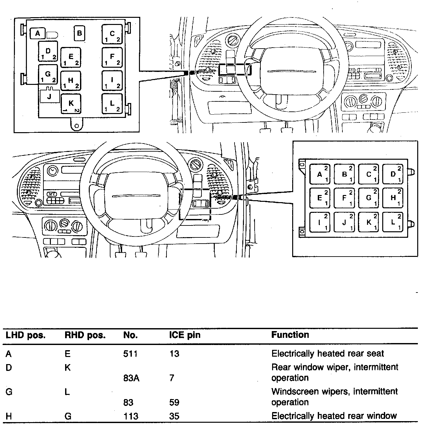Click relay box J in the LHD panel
tap(50, 96)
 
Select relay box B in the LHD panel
tap(79, 33)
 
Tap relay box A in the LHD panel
tap(38, 33)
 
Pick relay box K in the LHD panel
tap(71, 104)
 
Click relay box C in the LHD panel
tap(112, 34)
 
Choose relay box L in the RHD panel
tap(393, 222)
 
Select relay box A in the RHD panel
tap(320, 174)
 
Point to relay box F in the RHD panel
tap(344, 198)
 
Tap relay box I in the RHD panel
tap(320, 222)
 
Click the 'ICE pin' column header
tap(185, 335)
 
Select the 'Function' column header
tap(290, 335)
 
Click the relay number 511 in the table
tap(131, 354)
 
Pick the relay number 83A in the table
tap(131, 378)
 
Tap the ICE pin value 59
tap(174, 402)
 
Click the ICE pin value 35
tap(174, 416)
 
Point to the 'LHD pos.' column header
tap(26, 335)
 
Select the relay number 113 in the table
tap(131, 416)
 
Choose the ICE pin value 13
tap(174, 354)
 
